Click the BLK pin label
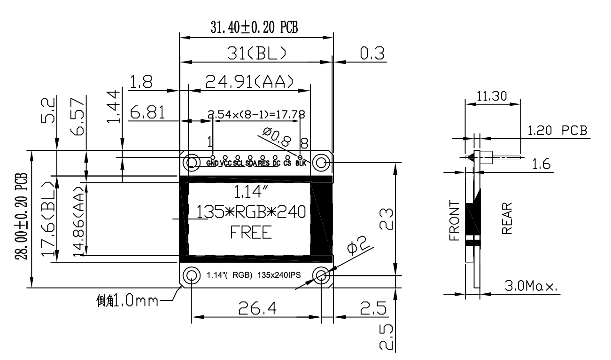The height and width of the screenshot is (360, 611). click(301, 164)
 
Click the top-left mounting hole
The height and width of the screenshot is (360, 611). click(192, 162)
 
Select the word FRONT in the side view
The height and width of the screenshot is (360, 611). click(454, 220)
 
